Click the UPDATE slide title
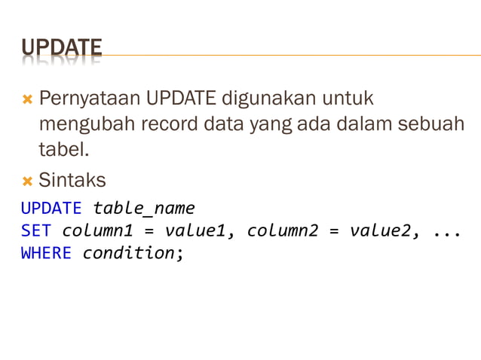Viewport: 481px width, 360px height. click(x=61, y=49)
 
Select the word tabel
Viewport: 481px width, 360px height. click(x=63, y=150)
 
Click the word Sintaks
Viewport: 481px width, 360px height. click(x=72, y=181)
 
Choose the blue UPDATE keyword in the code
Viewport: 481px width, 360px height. click(x=51, y=208)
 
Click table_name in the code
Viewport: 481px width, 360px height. click(x=143, y=208)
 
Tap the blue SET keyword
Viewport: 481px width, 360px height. click(x=36, y=230)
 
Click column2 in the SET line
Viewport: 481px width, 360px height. click(x=283, y=230)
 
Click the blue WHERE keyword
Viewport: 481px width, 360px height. click(x=46, y=253)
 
